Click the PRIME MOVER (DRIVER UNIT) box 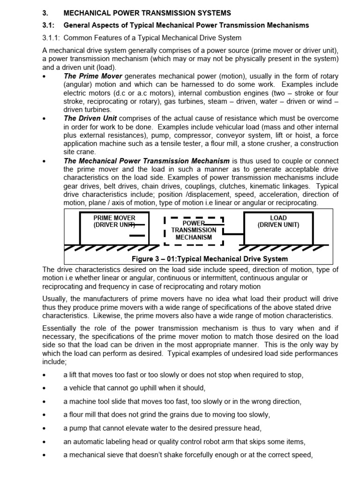114,228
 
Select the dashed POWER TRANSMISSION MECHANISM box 194,230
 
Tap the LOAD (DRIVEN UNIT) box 278,228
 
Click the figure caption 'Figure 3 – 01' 159,259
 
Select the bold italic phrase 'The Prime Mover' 93,76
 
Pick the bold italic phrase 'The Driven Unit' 90,118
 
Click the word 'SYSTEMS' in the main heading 211,13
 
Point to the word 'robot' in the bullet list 225,442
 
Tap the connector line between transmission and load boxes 233,233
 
